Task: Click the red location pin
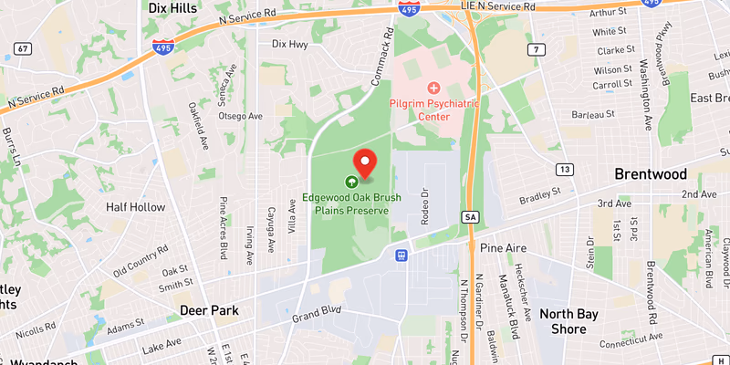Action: (x=365, y=162)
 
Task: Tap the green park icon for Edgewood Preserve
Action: (x=351, y=181)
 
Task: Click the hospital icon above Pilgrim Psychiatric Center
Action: (x=434, y=88)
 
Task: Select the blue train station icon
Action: (x=400, y=255)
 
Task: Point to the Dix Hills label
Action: (x=173, y=7)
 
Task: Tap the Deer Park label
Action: (x=209, y=310)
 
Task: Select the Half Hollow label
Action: (x=134, y=207)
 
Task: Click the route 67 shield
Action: (x=24, y=48)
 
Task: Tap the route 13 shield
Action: (x=565, y=170)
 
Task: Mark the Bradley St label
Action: (x=538, y=196)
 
